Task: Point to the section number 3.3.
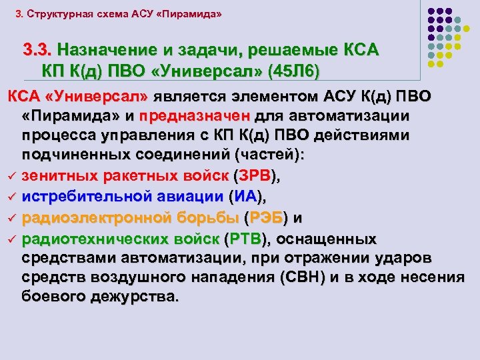tap(37, 50)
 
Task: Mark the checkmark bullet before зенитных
tap(12, 177)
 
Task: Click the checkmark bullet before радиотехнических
tap(12, 239)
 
